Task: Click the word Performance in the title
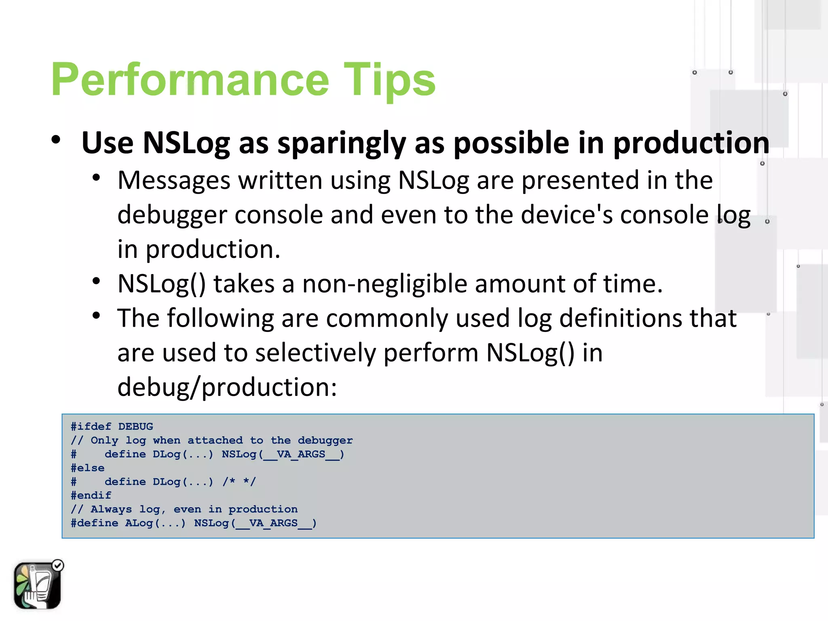190,80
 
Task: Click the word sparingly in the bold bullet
342,144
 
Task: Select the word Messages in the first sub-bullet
174,180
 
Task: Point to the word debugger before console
172,215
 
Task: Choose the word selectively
315,353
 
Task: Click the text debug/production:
227,387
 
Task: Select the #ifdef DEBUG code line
112,427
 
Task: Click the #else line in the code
88,468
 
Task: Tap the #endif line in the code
91,496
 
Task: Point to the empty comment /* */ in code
239,482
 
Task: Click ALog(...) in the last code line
155,523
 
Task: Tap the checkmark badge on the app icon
58,565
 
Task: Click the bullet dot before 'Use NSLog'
56,140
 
